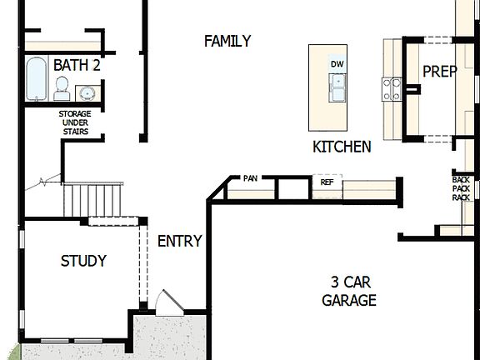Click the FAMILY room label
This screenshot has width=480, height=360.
coord(227,41)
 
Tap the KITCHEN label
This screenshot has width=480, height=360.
coord(342,147)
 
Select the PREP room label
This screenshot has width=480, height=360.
coord(439,72)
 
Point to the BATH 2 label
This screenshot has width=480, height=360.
coord(77,65)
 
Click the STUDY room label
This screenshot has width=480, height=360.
coord(83,261)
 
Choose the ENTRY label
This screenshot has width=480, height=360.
coord(179,242)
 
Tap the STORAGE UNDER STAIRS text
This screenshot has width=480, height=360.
coord(74,122)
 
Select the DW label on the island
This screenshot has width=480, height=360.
coord(337,64)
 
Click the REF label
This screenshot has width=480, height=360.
coord(327,180)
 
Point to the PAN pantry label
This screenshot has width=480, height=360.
coord(251,178)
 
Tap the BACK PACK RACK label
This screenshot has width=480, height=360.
coord(461,188)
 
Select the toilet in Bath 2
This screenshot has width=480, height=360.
coord(62,87)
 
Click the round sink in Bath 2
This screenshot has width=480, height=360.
coord(87,92)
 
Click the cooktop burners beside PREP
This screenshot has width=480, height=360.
coord(391,87)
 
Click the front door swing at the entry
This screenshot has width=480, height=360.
coord(167,301)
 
